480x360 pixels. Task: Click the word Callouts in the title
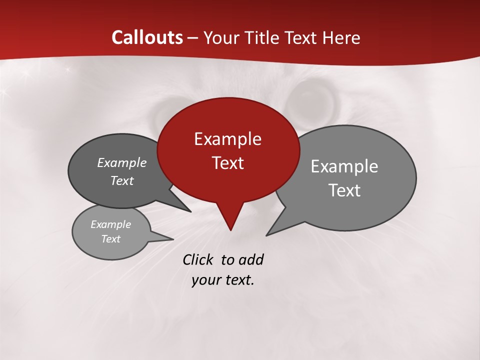[147, 37]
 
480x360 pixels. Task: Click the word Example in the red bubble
[227, 139]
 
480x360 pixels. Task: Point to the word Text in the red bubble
[227, 163]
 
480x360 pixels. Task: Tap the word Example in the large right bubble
[344, 166]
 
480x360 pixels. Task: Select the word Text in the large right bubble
[344, 190]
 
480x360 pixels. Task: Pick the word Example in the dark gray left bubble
[122, 162]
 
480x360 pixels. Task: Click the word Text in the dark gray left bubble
[122, 180]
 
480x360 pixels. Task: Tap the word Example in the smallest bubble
[110, 224]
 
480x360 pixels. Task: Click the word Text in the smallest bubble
[110, 239]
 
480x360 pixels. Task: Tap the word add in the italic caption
[251, 259]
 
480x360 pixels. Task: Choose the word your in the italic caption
[205, 280]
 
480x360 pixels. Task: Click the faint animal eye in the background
[312, 97]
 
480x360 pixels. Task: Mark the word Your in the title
[219, 37]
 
